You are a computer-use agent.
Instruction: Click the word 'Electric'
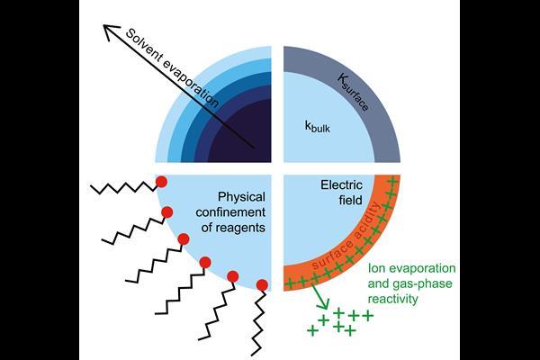click(343, 186)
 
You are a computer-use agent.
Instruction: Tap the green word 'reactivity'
click(399, 299)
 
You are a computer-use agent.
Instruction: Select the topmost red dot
click(161, 183)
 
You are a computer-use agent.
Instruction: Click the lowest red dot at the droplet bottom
click(262, 286)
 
